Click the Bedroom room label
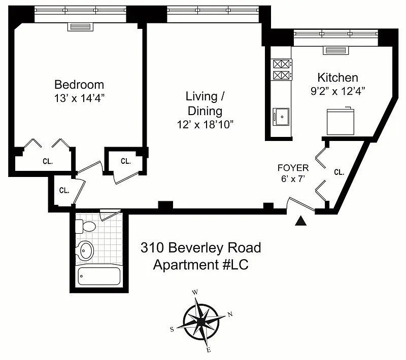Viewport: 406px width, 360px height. coord(79,85)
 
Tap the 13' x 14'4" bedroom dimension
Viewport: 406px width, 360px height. coord(79,98)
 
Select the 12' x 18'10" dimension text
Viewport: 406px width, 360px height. coord(205,125)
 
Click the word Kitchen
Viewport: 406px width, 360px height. coord(338,78)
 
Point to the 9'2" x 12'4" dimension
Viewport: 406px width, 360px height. coord(338,91)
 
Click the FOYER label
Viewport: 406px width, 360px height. coord(293,168)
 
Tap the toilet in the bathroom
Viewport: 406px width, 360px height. coord(85,226)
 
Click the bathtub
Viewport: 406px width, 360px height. coord(99,276)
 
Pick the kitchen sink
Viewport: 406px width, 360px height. coord(281,117)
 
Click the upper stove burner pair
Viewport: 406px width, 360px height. coord(281,64)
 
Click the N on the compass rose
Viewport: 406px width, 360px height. coord(230,314)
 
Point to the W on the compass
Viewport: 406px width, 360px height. coord(195,293)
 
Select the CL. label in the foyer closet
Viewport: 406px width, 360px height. coord(339,172)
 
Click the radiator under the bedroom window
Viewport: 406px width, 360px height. coord(81,27)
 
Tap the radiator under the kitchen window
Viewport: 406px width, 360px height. coord(335,50)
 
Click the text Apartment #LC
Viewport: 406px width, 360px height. coord(200,265)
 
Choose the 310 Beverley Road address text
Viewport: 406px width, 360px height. coord(200,248)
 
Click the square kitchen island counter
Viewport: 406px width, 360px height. coord(340,122)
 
